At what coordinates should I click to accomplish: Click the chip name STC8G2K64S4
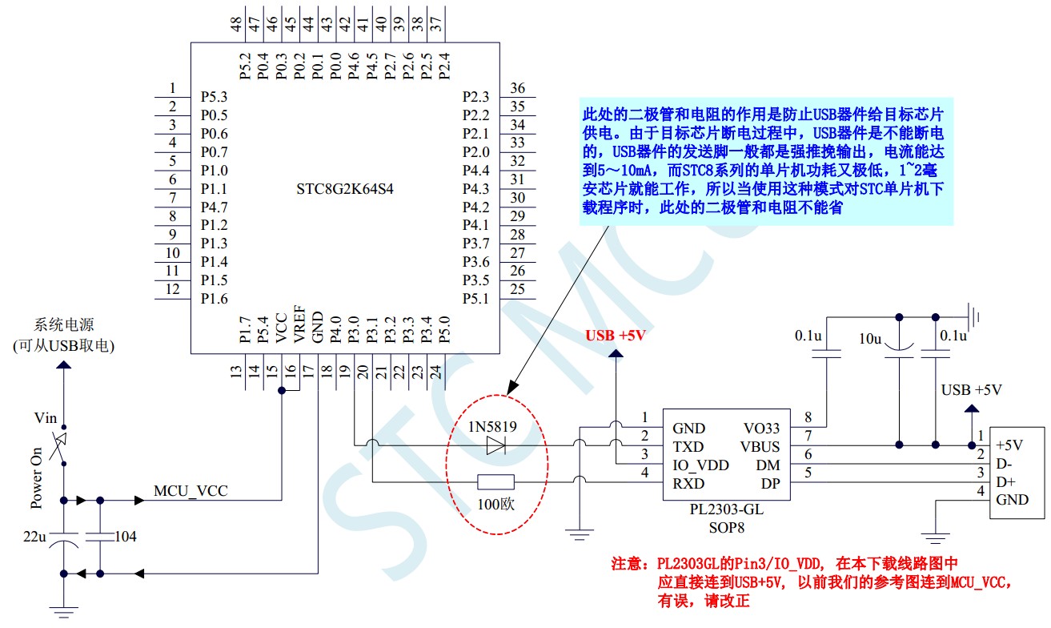(x=345, y=190)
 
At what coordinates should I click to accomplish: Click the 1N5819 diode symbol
(x=495, y=445)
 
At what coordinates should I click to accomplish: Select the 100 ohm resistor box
(x=495, y=482)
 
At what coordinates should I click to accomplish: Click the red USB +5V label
(x=615, y=336)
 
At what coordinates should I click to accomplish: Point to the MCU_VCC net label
(x=191, y=491)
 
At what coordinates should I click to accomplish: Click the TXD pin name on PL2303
(x=688, y=447)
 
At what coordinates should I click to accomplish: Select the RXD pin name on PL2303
(x=688, y=483)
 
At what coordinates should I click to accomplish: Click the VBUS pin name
(x=760, y=447)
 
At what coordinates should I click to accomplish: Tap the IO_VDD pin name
(x=700, y=465)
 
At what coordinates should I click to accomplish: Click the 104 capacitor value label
(x=124, y=536)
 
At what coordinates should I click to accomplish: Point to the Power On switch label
(x=37, y=478)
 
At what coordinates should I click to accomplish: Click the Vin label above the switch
(x=46, y=417)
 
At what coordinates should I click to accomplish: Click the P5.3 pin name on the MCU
(x=214, y=97)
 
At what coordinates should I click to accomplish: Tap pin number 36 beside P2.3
(x=517, y=88)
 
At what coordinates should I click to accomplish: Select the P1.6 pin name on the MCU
(x=214, y=299)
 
